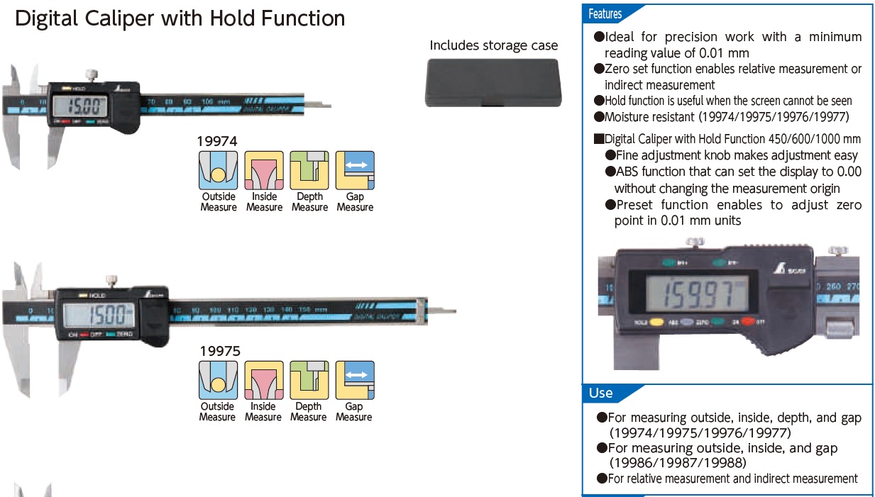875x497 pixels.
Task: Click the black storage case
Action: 493,82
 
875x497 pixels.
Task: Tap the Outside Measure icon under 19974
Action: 219,170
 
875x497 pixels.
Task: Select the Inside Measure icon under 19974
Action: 264,170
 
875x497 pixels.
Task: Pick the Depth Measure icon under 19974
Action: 309,170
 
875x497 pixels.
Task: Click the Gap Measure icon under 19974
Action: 355,170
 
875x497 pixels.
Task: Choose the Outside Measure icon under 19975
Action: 217,380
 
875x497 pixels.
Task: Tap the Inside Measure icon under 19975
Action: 263,380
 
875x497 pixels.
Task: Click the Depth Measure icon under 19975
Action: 309,380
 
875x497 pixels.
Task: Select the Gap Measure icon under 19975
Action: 354,380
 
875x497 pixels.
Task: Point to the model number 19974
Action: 219,141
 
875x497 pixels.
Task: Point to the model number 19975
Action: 220,350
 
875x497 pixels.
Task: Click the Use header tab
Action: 601,393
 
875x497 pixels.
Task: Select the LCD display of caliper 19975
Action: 98,313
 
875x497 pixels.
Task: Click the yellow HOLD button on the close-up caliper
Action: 657,322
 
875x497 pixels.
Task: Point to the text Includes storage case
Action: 494,45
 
